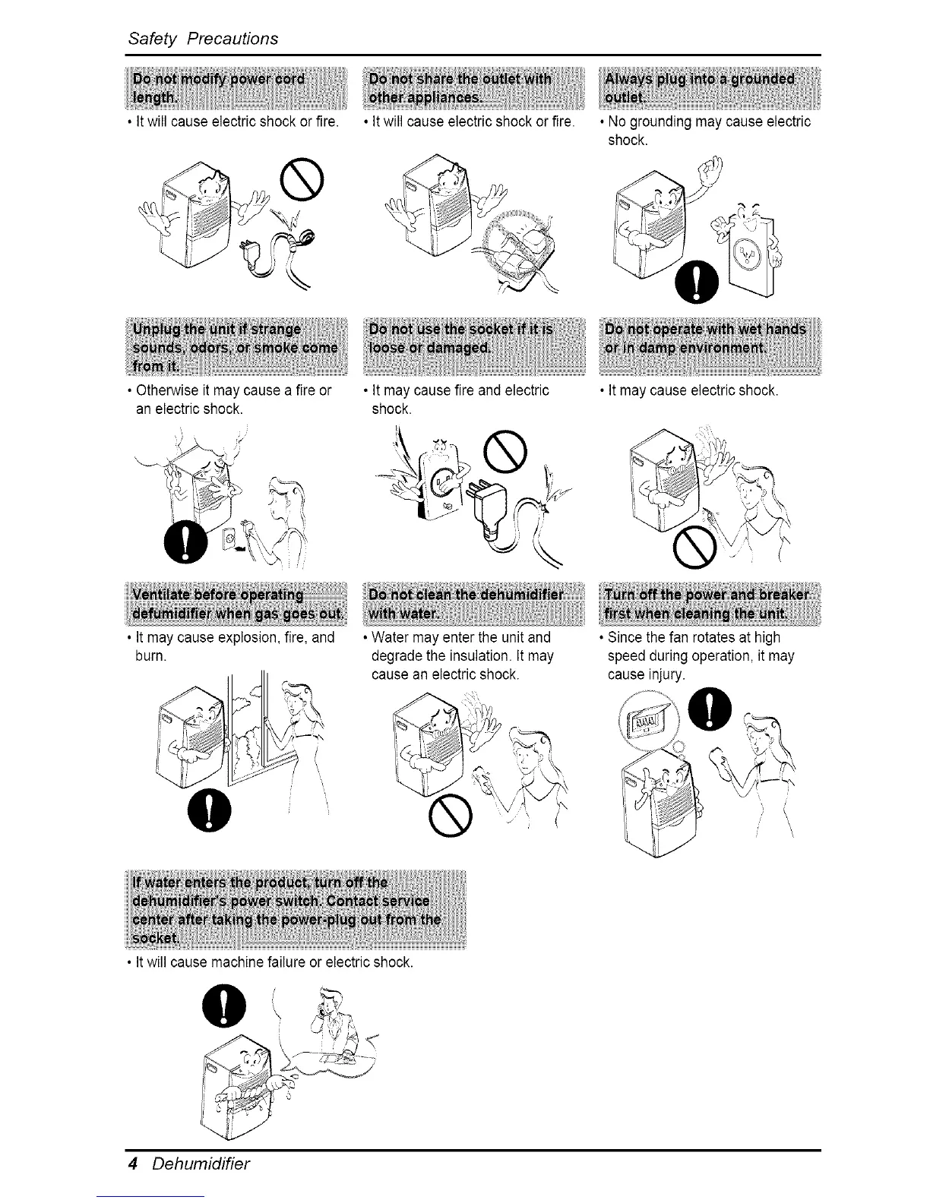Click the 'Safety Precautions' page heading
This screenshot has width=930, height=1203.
click(x=203, y=38)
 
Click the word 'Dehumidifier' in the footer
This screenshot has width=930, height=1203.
click(x=201, y=1164)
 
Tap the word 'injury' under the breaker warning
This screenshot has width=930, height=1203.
click(x=662, y=674)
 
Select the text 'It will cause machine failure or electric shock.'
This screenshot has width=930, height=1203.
click(x=273, y=963)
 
